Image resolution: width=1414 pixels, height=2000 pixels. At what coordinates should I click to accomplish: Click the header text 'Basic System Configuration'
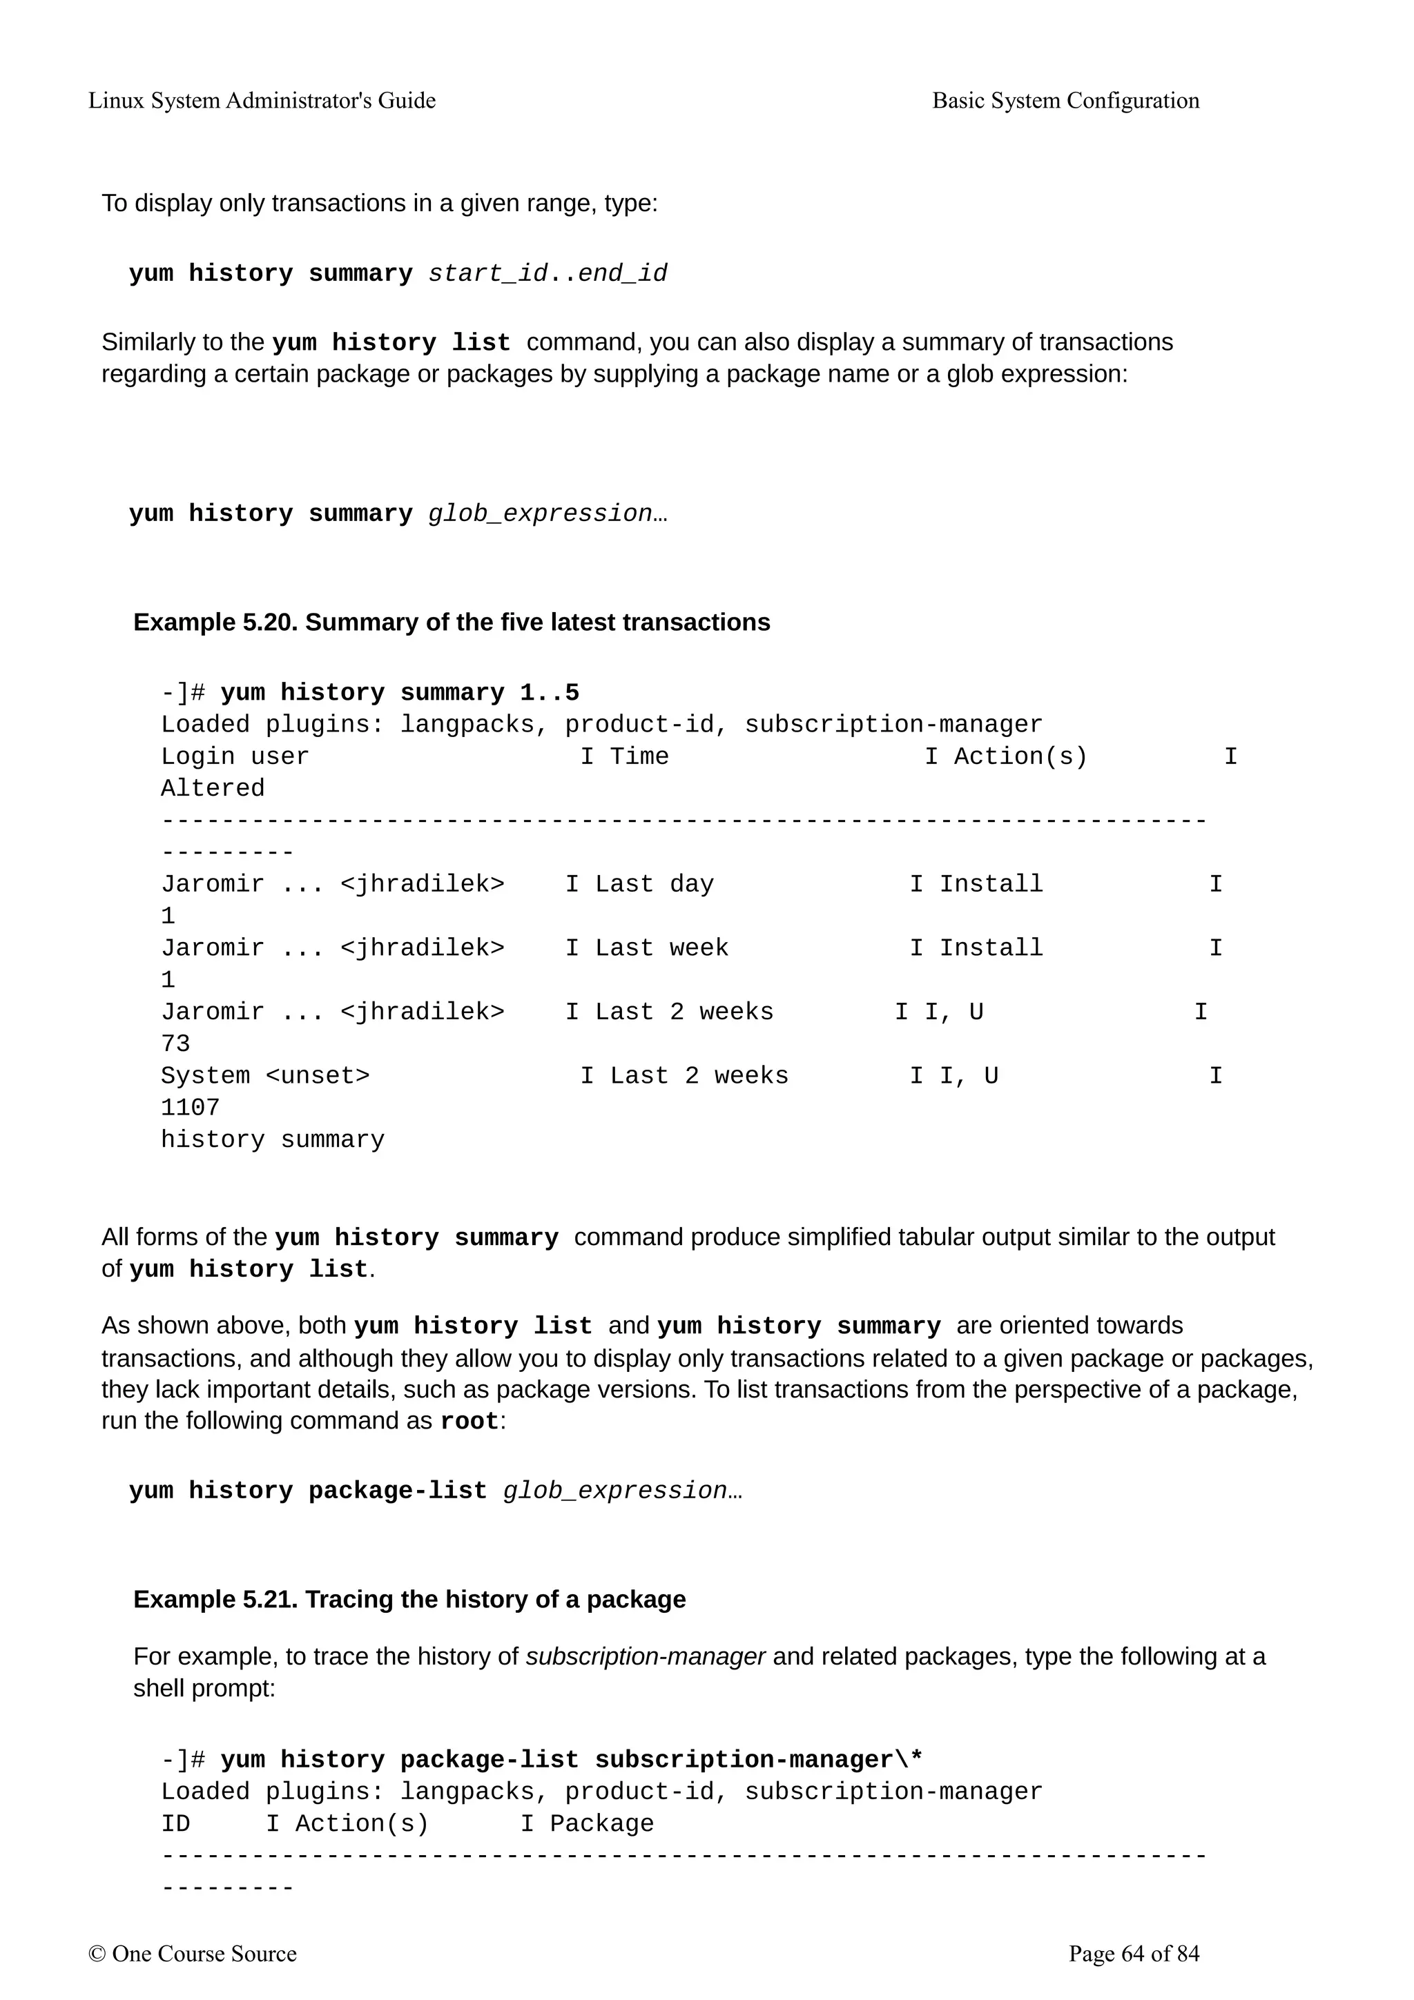click(x=1065, y=100)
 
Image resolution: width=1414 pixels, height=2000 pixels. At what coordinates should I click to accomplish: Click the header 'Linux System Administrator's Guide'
click(x=262, y=100)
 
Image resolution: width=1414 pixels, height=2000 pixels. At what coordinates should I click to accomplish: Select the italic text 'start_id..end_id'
click(x=547, y=273)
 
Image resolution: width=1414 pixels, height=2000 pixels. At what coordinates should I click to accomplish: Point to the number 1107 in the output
click(x=190, y=1108)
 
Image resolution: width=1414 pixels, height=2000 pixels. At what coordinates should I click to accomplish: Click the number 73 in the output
click(x=175, y=1043)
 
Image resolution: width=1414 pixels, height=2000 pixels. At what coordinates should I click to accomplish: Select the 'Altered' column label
click(x=213, y=788)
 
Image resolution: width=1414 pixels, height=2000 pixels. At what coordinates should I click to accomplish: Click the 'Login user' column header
click(x=234, y=756)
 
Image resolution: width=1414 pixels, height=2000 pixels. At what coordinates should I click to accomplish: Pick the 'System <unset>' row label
click(x=265, y=1076)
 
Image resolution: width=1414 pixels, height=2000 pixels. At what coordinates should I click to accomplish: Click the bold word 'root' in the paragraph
click(x=469, y=1422)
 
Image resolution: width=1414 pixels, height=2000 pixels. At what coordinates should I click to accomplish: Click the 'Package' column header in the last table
click(x=601, y=1823)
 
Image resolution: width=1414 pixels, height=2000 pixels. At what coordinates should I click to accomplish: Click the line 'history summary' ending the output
click(x=272, y=1139)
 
